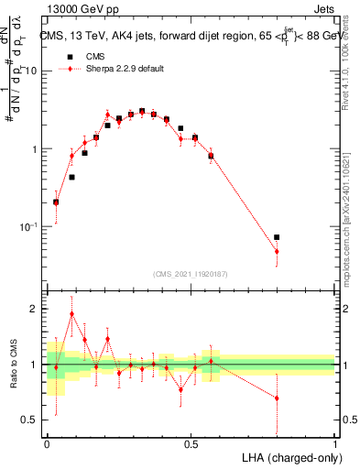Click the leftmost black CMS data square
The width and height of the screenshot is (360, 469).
[56, 202]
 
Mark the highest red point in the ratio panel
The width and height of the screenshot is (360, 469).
[71, 313]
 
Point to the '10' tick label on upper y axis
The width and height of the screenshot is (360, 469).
[33, 71]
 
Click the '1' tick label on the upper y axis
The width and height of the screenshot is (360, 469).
[37, 148]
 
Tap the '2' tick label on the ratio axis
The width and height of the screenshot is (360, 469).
[37, 310]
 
